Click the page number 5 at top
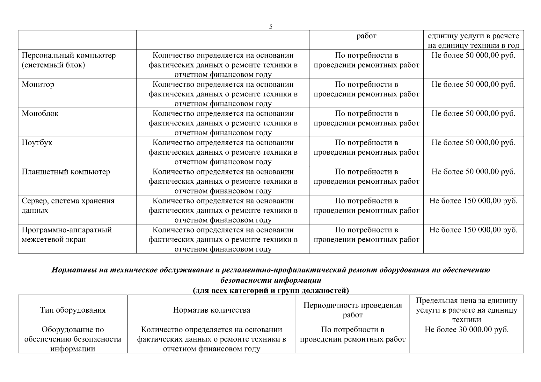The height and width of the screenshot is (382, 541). pos(271,27)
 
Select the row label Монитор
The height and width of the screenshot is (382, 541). pos(38,85)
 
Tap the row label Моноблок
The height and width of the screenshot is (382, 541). pos(40,114)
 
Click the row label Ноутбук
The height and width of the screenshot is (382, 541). pos(37,143)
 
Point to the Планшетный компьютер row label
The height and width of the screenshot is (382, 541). pos(66,172)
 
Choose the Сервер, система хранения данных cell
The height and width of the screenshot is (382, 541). pos(68,206)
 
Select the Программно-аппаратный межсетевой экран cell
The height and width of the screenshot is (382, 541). pos(66,235)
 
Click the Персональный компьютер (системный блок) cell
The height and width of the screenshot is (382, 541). pos(69,60)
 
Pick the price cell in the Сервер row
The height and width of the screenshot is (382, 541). pos(473,201)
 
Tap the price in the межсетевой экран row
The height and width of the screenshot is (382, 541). pos(473,230)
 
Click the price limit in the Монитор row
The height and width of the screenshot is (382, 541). pos(473,85)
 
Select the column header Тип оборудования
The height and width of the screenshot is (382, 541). pos(73,310)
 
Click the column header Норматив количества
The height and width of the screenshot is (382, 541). pos(211,310)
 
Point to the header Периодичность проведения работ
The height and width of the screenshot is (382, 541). pos(353,310)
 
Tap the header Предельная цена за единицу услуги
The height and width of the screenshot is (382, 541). pos(466,310)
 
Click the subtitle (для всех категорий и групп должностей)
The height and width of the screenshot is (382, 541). pos(271,290)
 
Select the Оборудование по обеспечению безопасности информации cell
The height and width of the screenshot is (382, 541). pos(73,339)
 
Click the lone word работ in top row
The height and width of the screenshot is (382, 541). pos(366,36)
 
